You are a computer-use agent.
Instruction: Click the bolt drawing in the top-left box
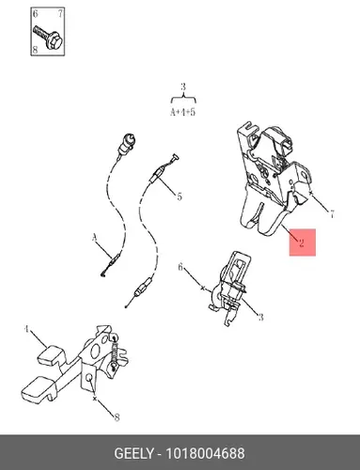[x=47, y=37]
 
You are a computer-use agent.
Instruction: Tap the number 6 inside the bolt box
[x=35, y=13]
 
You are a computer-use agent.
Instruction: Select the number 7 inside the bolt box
[x=60, y=13]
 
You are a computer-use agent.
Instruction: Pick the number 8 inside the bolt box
[x=35, y=50]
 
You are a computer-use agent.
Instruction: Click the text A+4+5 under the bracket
[x=182, y=112]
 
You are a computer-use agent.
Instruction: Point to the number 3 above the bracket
[x=183, y=86]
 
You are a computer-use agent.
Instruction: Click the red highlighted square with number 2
[x=302, y=243]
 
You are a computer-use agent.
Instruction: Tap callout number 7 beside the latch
[x=332, y=214]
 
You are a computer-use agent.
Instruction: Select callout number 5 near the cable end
[x=180, y=196]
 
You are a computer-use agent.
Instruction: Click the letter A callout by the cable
[x=95, y=239]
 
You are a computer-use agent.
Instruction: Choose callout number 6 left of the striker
[x=180, y=267]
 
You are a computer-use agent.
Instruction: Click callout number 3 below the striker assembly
[x=260, y=317]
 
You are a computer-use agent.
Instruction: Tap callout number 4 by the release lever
[x=26, y=329]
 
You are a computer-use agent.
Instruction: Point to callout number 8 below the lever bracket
[x=117, y=417]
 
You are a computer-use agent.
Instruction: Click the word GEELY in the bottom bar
[x=134, y=454]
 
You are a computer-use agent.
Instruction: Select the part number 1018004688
[x=205, y=454]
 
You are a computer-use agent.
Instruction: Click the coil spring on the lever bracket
[x=115, y=352]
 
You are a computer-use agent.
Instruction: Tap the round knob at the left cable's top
[x=129, y=140]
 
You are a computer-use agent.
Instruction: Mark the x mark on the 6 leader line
[x=203, y=288]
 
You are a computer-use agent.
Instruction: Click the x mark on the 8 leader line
[x=95, y=399]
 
